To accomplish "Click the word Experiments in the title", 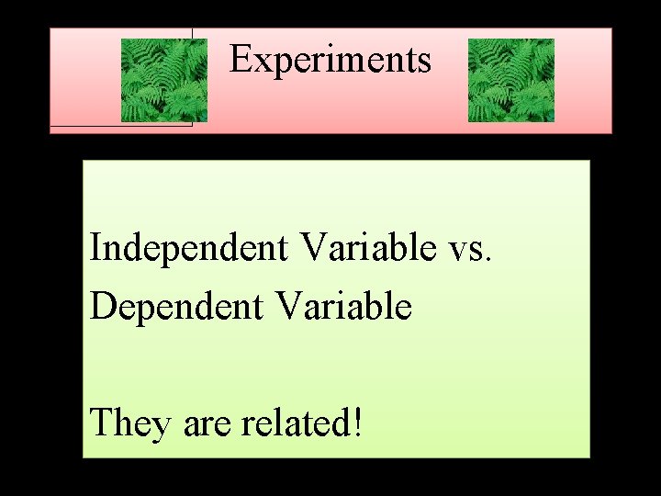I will (330, 60).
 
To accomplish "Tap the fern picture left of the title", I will (164, 81).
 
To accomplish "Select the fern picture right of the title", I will (510, 81).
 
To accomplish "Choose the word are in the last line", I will (207, 425).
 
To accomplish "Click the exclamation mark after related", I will (356, 423).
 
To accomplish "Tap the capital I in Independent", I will (95, 248).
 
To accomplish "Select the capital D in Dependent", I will (102, 306).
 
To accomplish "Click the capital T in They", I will (101, 423).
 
